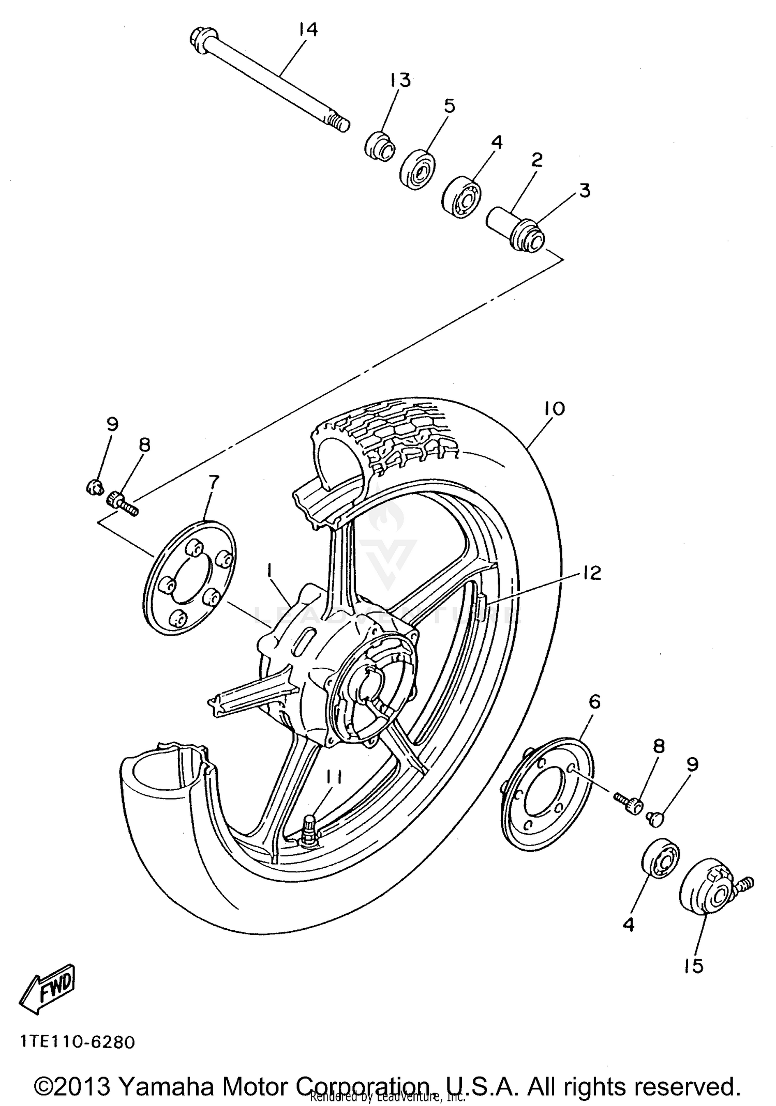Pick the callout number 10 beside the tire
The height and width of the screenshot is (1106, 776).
point(554,408)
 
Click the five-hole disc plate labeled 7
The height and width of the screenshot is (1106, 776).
point(189,578)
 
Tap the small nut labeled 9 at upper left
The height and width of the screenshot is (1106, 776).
point(94,486)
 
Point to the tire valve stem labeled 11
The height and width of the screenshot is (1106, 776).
point(310,829)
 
